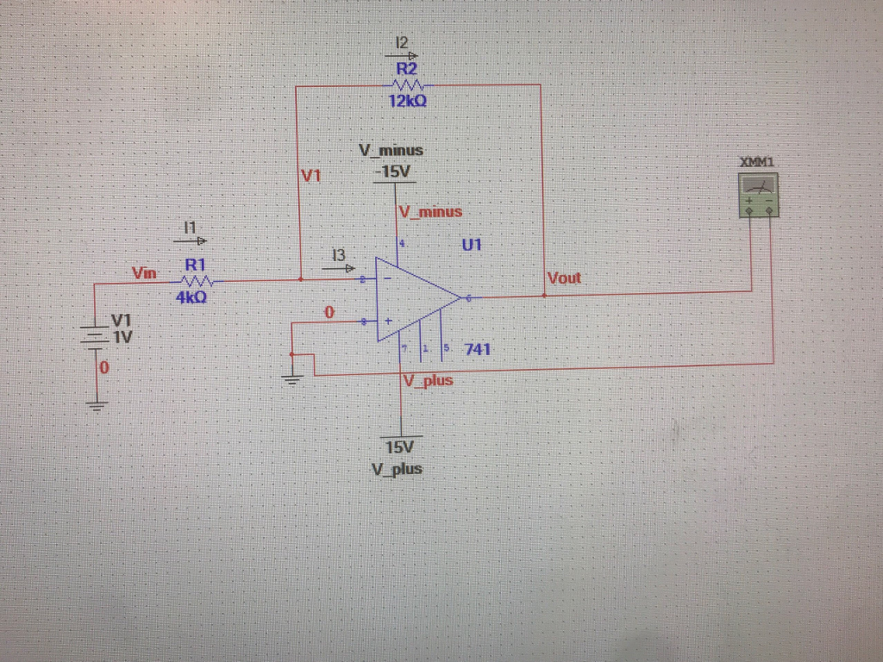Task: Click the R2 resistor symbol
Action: pos(407,84)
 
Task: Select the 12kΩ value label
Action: pos(406,101)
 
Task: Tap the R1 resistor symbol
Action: pos(197,280)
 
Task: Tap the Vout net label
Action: pos(564,278)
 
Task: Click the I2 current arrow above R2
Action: pos(401,53)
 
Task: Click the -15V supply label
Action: pos(392,172)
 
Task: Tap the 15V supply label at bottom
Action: pos(399,447)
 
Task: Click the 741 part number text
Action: pos(478,349)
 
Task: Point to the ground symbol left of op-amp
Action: pos(294,378)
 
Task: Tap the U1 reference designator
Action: pos(470,245)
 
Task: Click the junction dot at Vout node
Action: pos(544,295)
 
